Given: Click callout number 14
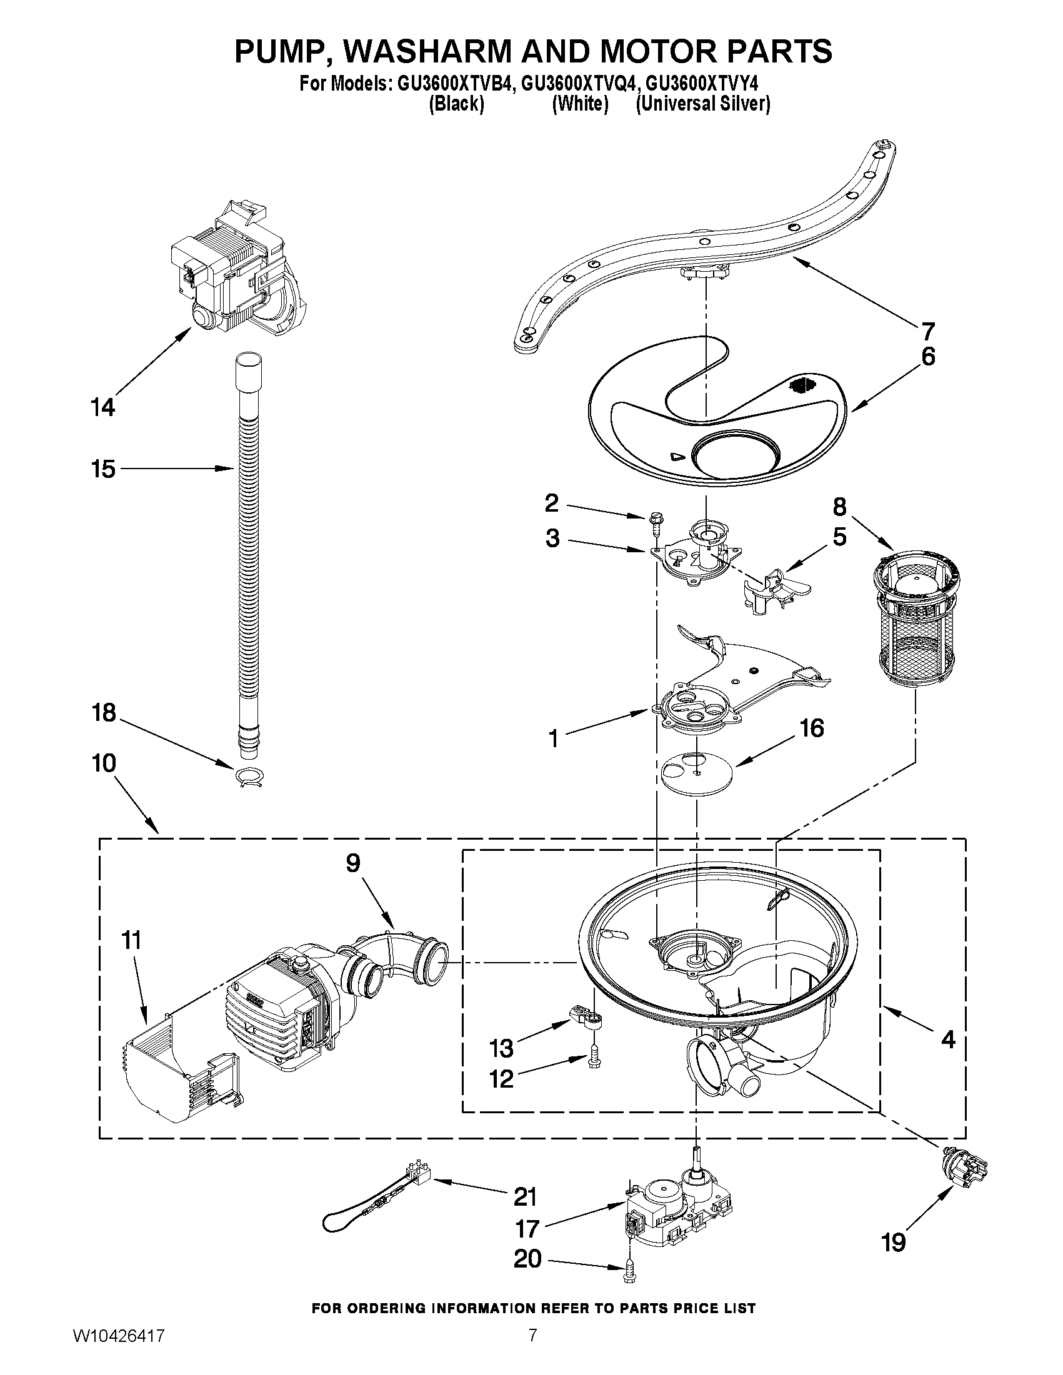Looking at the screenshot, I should pyautogui.click(x=102, y=407).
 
